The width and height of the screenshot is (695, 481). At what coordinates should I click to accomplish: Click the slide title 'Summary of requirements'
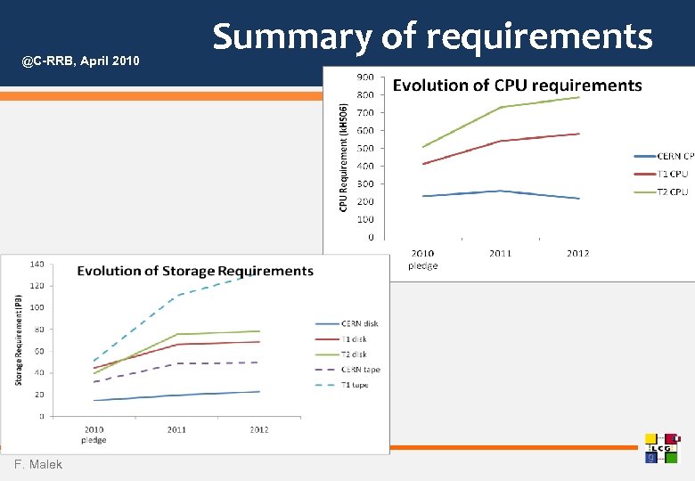tap(432, 37)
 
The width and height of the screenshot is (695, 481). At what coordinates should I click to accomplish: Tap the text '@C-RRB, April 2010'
tap(81, 61)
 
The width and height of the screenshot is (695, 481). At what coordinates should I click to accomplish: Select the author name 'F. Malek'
tap(38, 465)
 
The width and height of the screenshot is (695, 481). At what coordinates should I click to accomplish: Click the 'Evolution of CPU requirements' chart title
tap(517, 86)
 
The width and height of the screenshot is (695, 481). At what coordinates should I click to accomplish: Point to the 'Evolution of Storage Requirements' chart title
tap(195, 271)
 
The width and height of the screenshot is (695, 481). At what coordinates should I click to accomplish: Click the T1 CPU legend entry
tap(673, 174)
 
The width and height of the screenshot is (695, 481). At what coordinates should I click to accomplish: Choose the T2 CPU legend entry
tap(673, 192)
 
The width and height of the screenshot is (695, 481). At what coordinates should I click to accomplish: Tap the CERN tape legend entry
tap(359, 370)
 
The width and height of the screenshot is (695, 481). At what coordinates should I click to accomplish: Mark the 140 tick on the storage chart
tap(38, 265)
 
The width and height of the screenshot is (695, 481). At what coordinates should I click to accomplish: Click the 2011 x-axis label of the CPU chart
tap(500, 254)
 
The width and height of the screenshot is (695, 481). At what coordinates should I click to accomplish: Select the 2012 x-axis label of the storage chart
tap(258, 430)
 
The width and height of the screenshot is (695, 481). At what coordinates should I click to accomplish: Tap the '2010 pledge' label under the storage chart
tap(94, 435)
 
